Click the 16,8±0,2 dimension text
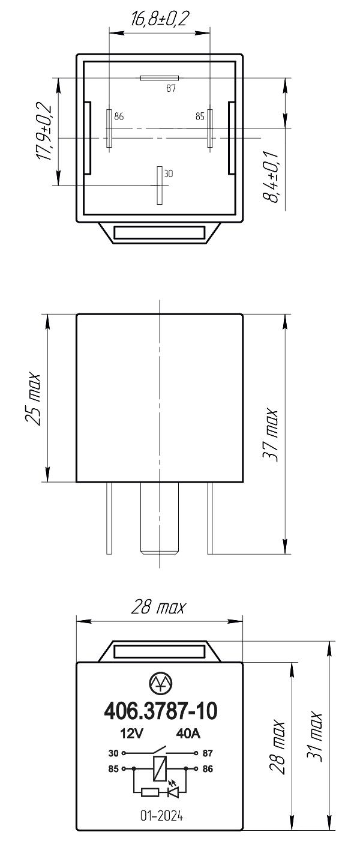pos(160,19)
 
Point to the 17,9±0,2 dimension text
pos(44,131)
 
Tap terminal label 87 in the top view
pos(171,89)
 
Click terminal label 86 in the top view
pos(119,116)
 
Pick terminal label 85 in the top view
pos(200,116)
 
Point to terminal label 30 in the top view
pos(169,173)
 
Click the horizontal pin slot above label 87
pos(160,78)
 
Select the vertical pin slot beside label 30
pos(160,185)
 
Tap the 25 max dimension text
pos(34,399)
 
